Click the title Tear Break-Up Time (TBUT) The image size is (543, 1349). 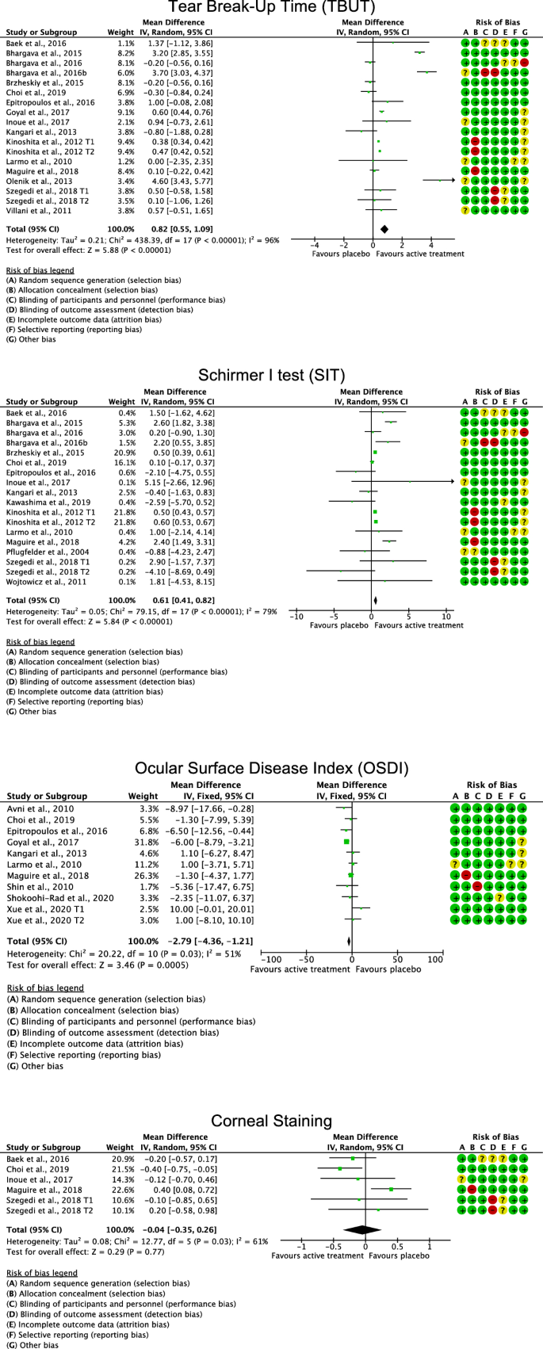(271, 9)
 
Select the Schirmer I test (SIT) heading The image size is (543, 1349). (271, 374)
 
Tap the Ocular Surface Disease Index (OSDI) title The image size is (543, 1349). (271, 768)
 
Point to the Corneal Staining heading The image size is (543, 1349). (271, 1121)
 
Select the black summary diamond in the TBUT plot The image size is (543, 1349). (384, 230)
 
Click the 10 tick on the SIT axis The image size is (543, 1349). (446, 616)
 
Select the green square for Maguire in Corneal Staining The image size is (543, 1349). (392, 1190)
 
